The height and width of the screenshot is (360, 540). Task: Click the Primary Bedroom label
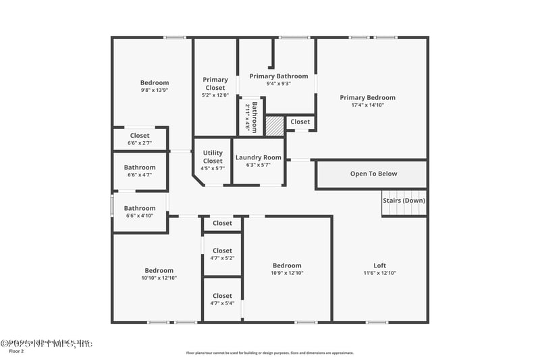tap(367, 98)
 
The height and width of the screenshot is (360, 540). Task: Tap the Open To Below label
tap(373, 174)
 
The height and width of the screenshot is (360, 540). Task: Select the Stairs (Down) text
tap(404, 201)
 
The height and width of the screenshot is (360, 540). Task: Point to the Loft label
tap(380, 265)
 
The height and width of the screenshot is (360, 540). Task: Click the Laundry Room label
tap(259, 157)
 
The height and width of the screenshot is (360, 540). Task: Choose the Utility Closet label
tap(213, 157)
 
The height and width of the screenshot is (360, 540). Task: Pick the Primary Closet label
tap(215, 84)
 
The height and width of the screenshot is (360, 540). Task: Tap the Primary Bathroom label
tap(279, 76)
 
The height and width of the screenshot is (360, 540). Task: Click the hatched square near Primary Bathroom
tap(274, 126)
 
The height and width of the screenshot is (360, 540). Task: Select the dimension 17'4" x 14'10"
tap(367, 105)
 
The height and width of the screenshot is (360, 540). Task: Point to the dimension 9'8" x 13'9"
tap(155, 91)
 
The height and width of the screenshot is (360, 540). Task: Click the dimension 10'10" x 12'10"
tap(159, 278)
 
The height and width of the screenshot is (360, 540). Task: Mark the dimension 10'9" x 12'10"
tap(287, 273)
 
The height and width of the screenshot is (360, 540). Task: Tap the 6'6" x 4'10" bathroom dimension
tap(140, 215)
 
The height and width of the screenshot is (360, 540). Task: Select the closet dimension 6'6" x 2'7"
tap(140, 143)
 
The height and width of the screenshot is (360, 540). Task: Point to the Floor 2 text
tap(16, 351)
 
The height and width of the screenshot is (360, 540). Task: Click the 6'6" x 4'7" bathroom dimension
tap(140, 175)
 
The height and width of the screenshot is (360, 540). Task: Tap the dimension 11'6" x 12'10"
tap(380, 273)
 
